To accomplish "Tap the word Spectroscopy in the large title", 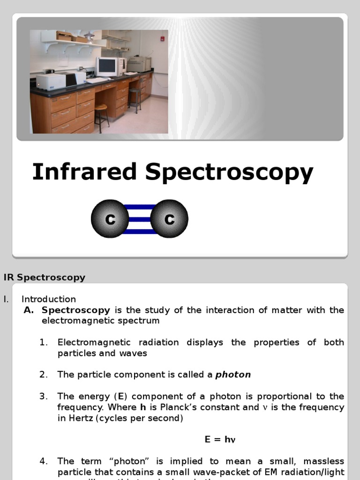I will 229,172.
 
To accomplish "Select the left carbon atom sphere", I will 110,219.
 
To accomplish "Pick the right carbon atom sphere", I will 169,219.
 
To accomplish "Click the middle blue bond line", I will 140,219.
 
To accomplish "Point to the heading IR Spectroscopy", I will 45,277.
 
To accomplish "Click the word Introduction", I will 49,299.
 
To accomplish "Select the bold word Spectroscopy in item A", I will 75,310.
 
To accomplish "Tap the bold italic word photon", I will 233,375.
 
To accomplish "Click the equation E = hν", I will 220,439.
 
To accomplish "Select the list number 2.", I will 44,375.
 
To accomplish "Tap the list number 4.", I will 44,461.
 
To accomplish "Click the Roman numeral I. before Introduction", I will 6,299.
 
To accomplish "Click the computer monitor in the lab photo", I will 107,67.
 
